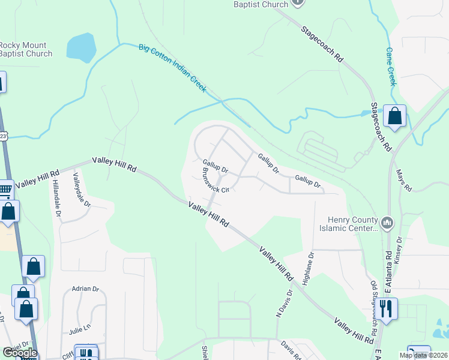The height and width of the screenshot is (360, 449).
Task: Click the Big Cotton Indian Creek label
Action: [172, 68]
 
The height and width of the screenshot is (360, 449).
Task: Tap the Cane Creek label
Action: [391, 67]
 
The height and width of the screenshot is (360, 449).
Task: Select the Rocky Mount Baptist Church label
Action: [25, 49]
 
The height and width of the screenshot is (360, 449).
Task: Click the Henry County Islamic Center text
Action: [353, 224]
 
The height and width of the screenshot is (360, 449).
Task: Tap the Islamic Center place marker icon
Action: [388, 224]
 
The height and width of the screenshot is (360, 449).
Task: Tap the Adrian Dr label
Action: [85, 289]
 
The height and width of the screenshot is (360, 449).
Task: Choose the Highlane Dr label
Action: [310, 267]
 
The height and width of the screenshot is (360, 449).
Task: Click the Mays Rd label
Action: [403, 180]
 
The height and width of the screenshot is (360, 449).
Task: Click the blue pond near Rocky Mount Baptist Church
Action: [81, 47]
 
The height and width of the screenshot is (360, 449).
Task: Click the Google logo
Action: [20, 353]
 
